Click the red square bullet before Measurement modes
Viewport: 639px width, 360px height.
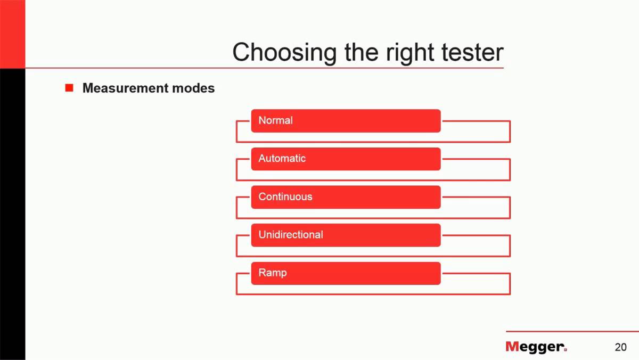(69, 88)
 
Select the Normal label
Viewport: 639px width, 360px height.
(275, 120)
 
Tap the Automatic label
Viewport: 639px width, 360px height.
(282, 158)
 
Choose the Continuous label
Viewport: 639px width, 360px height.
(285, 197)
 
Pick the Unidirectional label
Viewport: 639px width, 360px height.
(290, 234)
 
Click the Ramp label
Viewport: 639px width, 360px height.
(272, 273)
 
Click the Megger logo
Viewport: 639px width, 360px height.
(536, 347)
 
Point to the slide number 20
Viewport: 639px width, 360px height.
(620, 347)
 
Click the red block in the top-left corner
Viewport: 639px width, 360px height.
(12, 34)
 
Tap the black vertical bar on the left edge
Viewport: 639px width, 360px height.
(12, 213)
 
